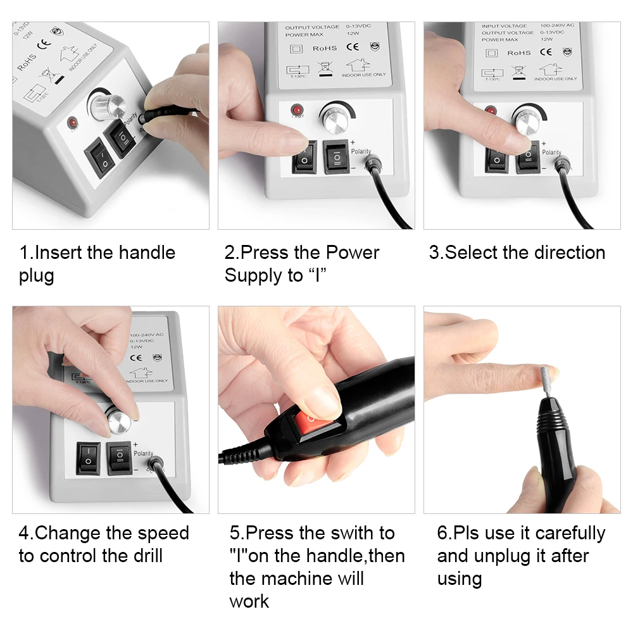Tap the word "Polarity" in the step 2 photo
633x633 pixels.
(361, 151)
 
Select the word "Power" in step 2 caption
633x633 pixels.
(352, 253)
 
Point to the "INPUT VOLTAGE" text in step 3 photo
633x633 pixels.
(503, 27)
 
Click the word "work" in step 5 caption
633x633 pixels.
(249, 601)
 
